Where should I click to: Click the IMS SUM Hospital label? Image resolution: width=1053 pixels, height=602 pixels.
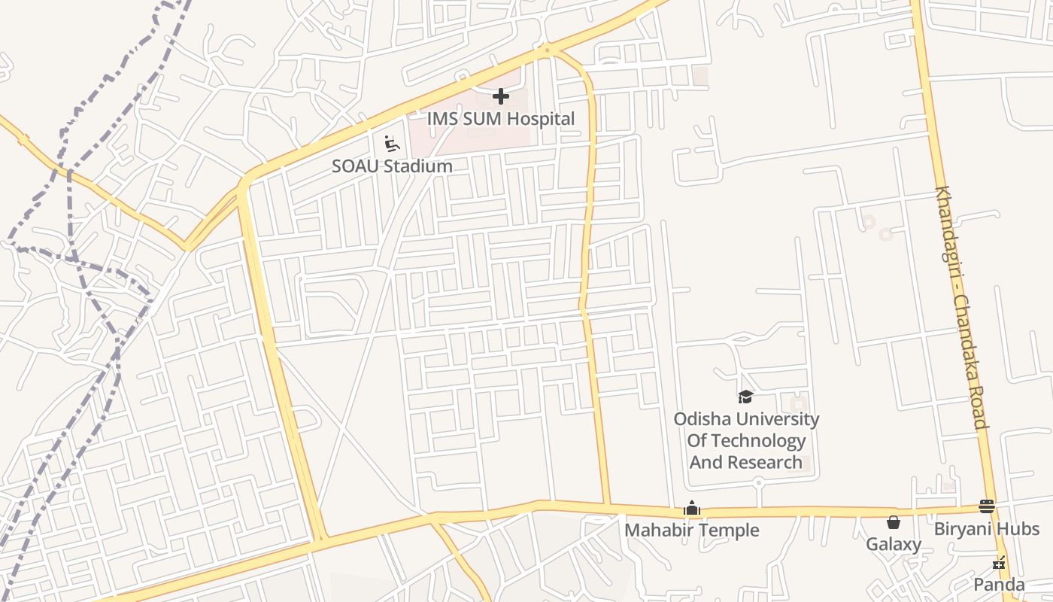501,119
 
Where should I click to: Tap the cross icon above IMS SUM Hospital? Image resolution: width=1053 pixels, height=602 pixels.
501,96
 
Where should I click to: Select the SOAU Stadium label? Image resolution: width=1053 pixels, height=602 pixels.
392,166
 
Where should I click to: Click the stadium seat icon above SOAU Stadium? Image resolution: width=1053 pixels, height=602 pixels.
391,143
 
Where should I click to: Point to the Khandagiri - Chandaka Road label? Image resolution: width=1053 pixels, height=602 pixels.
961,307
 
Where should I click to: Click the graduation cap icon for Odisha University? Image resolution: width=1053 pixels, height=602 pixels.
745,397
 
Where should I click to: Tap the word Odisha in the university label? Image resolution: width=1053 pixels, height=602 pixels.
702,419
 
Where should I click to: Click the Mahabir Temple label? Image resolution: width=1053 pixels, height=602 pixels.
692,531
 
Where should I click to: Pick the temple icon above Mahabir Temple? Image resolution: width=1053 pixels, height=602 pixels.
692,509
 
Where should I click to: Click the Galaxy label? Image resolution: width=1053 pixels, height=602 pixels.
894,544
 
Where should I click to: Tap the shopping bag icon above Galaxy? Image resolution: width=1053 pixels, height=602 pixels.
894,522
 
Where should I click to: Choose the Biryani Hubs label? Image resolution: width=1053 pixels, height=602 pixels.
987,529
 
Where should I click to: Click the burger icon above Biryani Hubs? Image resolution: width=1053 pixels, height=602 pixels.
987,506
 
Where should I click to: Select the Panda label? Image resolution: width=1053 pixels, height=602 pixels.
999,585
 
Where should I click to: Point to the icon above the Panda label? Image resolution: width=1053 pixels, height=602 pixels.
999,562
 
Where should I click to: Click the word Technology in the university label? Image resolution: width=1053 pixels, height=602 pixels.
747,441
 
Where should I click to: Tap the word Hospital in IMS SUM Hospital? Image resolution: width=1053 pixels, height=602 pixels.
541,119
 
